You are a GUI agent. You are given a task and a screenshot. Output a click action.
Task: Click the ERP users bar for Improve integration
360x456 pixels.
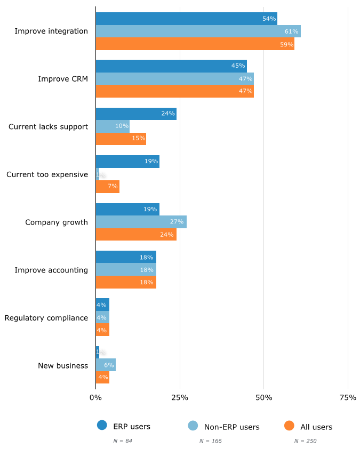pos(186,19)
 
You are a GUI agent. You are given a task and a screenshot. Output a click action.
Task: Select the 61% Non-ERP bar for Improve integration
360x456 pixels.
pos(198,31)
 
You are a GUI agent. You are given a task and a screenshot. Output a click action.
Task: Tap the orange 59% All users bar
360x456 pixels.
pos(195,44)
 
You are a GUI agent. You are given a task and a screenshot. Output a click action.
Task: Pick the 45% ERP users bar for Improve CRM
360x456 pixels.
pos(171,66)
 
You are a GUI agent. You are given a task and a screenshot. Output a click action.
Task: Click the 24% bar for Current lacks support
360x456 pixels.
pos(136,114)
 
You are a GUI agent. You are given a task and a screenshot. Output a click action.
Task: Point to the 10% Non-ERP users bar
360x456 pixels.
pos(113,126)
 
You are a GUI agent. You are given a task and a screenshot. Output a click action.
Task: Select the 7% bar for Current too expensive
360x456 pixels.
pos(107,187)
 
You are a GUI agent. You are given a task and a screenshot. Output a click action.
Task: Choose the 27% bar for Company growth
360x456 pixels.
pos(141,222)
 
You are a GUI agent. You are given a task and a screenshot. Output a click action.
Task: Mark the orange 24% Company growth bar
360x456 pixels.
pos(136,235)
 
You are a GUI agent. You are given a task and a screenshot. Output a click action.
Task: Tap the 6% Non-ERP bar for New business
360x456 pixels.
pos(106,365)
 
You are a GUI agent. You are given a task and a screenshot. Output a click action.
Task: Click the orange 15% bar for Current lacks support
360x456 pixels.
pos(121,139)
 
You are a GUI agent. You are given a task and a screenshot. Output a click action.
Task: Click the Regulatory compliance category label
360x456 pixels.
pos(46,318)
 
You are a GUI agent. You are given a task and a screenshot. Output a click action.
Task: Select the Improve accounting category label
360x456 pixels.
pos(51,270)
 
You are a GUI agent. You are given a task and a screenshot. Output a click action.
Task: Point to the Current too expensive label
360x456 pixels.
pos(47,174)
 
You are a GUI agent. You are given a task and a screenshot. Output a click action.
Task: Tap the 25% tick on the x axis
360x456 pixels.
pos(180,397)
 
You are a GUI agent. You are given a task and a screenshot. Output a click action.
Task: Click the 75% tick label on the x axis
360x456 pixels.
pos(348,397)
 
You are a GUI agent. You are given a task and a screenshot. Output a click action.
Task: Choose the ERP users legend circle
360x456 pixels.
pos(102,426)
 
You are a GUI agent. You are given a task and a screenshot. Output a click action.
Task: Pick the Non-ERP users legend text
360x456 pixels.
pos(231,427)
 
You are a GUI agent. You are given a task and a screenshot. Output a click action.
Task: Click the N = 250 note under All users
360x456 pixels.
pos(305,441)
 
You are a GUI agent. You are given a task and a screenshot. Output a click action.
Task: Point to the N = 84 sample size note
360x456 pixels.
pos(123,441)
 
